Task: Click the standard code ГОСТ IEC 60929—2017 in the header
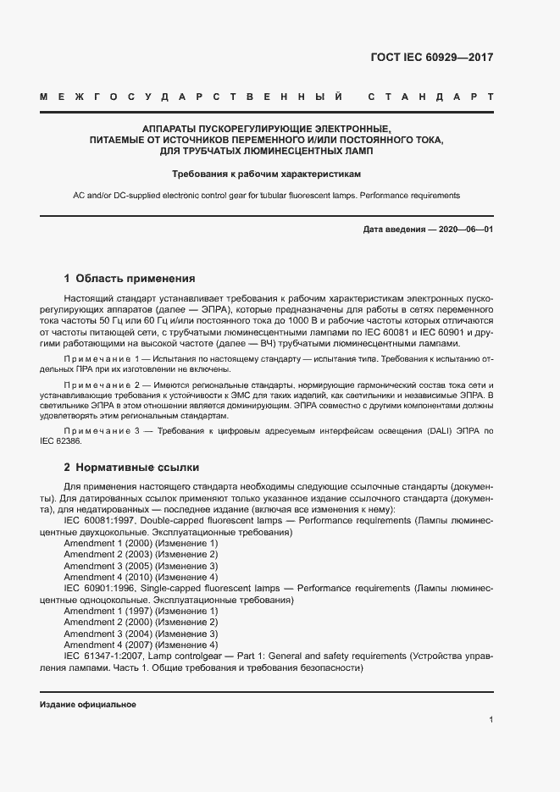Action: pyautogui.click(x=432, y=58)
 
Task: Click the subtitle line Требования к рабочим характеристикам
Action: pyautogui.click(x=267, y=174)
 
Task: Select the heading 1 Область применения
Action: pyautogui.click(x=130, y=279)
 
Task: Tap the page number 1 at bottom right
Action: pyautogui.click(x=491, y=720)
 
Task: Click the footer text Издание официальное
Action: pyautogui.click(x=88, y=705)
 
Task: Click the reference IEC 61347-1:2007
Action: pyautogui.click(x=108, y=656)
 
